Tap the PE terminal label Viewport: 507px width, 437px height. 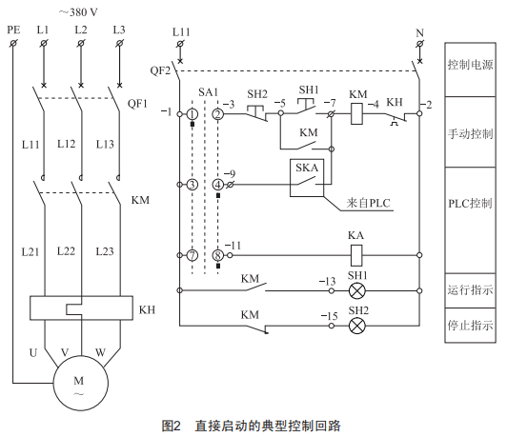pos(13,30)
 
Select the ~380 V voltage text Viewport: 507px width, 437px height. pos(78,12)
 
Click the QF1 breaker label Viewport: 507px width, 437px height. pos(137,104)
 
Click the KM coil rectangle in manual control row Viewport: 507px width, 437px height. pos(356,113)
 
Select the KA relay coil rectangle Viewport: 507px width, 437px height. pos(356,255)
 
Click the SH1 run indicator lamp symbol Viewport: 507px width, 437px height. pos(357,290)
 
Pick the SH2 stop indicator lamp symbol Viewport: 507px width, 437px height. pos(357,326)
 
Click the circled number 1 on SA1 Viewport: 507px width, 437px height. pos(193,114)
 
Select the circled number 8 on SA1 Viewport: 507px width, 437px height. pos(218,255)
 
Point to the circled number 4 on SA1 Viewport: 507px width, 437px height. pos(218,185)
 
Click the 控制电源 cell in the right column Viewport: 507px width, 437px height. pos(470,70)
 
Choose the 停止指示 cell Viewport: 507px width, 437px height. pos(470,326)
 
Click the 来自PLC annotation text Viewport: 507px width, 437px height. pos(369,203)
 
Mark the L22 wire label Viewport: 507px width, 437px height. pos(66,251)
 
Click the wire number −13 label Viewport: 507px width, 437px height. pos(327,281)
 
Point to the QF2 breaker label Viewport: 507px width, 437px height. pos(160,70)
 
